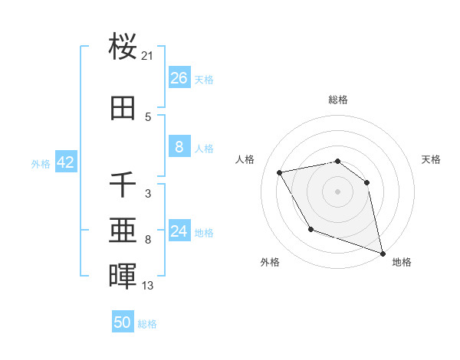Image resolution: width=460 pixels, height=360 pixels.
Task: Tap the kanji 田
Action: point(123,108)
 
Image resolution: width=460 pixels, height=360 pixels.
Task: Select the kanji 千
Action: point(123,185)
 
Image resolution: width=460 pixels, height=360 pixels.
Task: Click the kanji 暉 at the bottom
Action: point(123,277)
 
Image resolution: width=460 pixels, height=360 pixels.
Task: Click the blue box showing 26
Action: point(179,77)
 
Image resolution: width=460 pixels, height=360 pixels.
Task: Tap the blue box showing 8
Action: point(179,148)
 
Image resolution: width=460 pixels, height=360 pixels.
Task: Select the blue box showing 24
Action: point(179,231)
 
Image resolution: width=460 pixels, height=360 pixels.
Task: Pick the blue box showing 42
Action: point(65,162)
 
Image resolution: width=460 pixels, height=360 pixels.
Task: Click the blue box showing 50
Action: point(123,322)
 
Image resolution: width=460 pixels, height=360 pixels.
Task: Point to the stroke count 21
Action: point(148,56)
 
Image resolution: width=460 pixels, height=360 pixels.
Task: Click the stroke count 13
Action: point(148,286)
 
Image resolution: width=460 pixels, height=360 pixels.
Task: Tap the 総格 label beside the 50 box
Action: point(147,324)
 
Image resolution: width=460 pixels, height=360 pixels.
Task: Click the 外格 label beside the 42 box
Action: point(41,164)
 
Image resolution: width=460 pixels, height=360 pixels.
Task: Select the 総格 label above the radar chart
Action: point(337,100)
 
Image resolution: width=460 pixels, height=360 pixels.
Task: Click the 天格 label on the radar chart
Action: point(432,159)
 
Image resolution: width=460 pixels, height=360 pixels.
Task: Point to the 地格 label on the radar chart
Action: point(402,262)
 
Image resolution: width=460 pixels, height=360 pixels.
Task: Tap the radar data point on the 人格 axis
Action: point(280,173)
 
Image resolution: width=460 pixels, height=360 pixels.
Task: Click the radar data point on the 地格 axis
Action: point(383,254)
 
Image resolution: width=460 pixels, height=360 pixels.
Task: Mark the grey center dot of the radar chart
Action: point(337,191)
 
